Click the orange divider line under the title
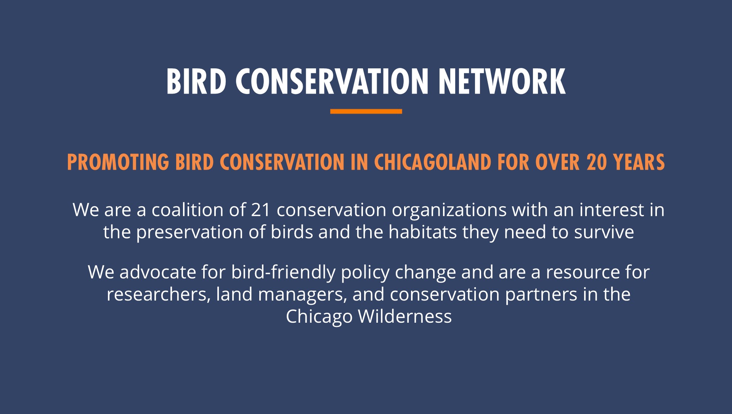tap(366, 111)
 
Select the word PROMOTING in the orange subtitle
tap(118, 162)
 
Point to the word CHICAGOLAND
tap(433, 162)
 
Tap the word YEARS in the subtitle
tap(639, 162)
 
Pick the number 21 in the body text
tap(261, 210)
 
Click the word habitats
tap(422, 232)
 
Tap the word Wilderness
tap(405, 316)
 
